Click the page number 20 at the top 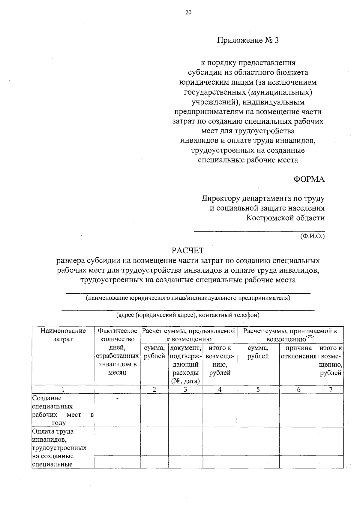(x=188, y=12)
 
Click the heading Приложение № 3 (x=248, y=40)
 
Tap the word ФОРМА (x=309, y=179)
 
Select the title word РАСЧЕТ (x=188, y=250)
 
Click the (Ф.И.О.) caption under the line (x=312, y=236)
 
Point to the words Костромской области (x=285, y=218)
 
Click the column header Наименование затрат (x=63, y=335)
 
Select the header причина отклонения (x=298, y=352)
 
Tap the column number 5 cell (x=258, y=390)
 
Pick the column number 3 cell (x=185, y=390)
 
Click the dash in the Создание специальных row (x=117, y=399)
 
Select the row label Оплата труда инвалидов (x=53, y=436)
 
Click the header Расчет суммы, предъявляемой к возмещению (x=189, y=335)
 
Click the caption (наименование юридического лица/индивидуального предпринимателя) (x=188, y=298)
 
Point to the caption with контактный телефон (x=188, y=315)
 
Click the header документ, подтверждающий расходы (x=185, y=364)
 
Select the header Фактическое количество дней (x=117, y=351)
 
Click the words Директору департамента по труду (x=263, y=198)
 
